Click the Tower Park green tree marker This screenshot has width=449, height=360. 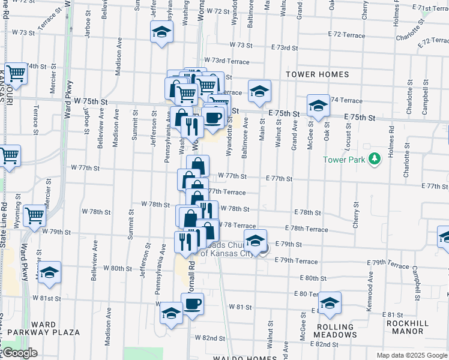(x=375, y=159)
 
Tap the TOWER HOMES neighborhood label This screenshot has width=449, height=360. (x=317, y=74)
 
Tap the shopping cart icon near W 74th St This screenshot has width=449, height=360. (x=16, y=73)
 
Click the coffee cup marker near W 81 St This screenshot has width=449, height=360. (x=192, y=304)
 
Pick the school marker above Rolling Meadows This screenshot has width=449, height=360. (x=330, y=304)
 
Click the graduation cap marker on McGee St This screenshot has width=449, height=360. (x=318, y=106)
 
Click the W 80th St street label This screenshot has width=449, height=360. (x=117, y=268)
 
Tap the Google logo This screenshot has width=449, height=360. (x=19, y=353)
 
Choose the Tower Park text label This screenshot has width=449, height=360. (x=344, y=160)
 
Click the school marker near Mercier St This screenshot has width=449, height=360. (x=50, y=272)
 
